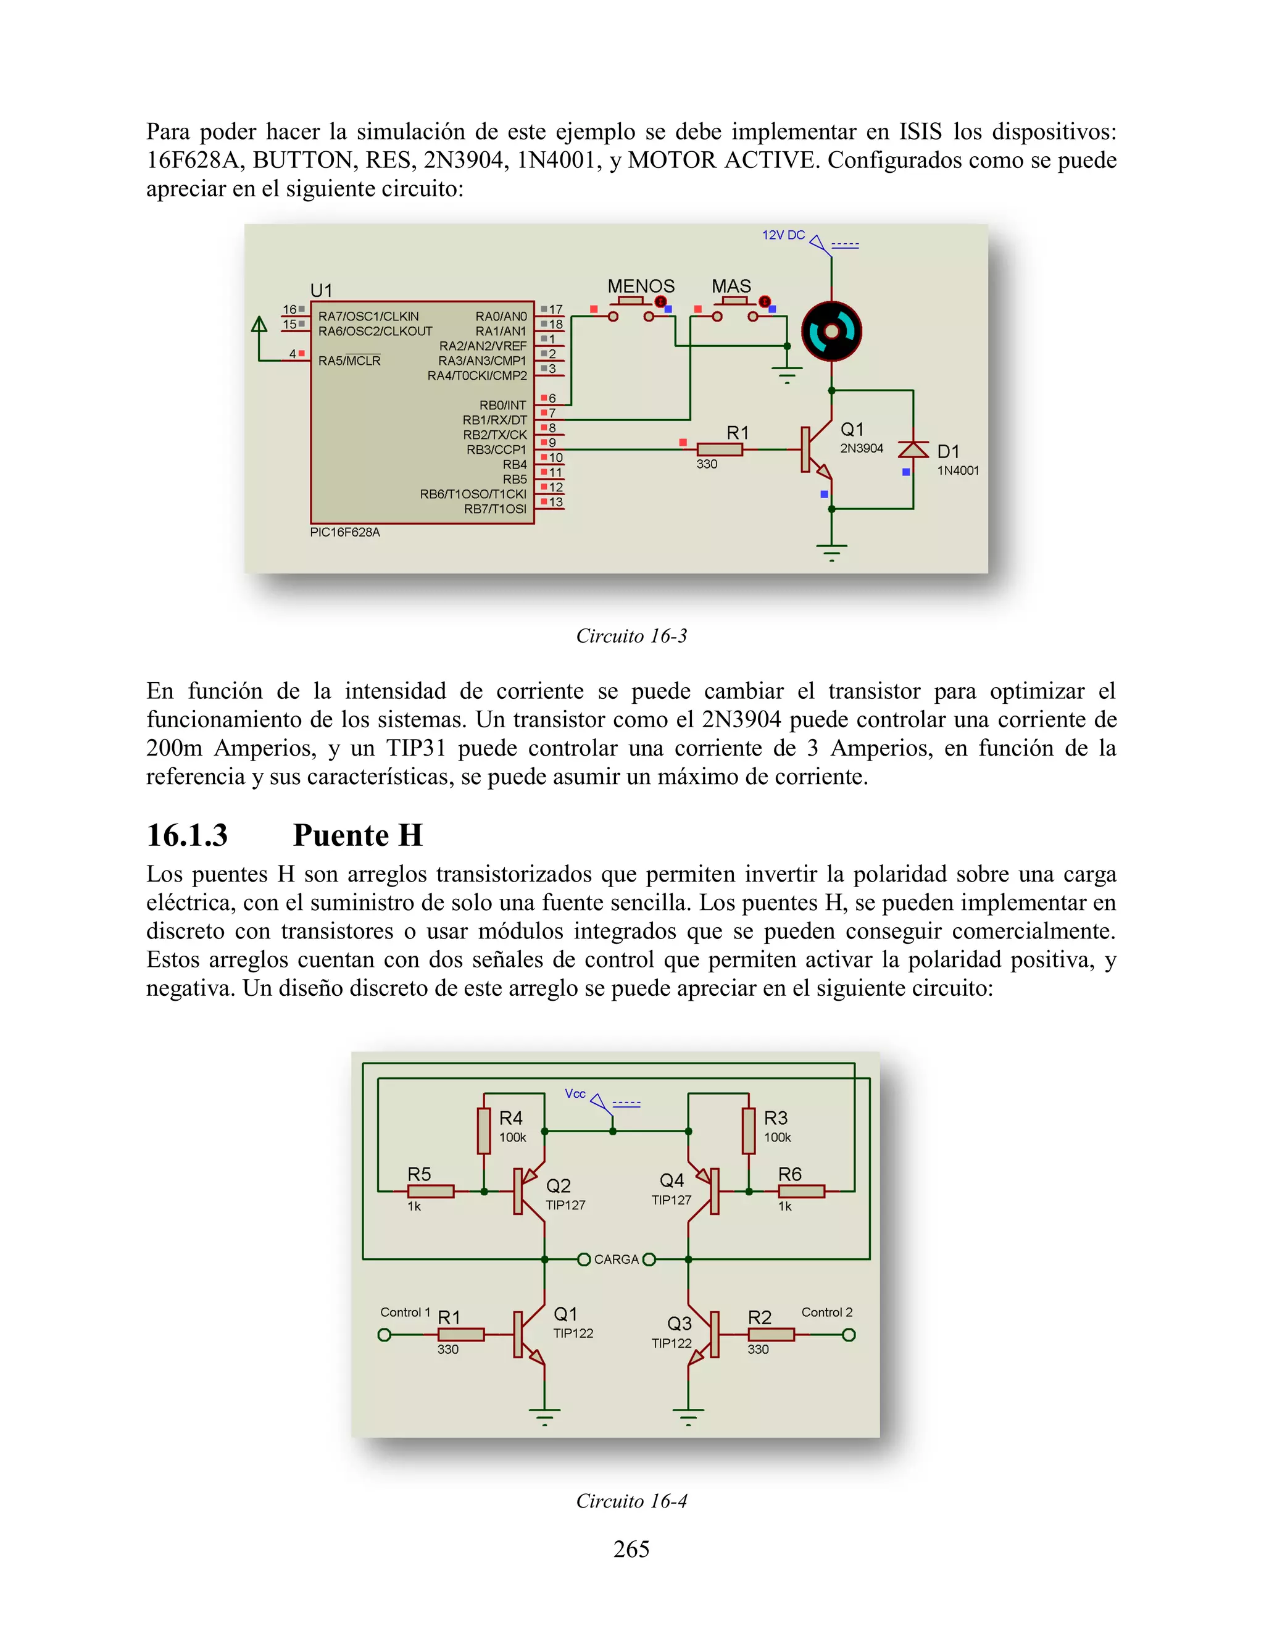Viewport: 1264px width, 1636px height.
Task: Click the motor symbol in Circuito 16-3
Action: (x=831, y=331)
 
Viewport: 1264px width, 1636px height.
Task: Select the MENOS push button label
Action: (x=641, y=286)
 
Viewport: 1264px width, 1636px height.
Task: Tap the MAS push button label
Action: (x=731, y=286)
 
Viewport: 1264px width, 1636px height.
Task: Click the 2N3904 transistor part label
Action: (x=861, y=448)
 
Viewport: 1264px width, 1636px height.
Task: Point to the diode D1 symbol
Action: (x=913, y=449)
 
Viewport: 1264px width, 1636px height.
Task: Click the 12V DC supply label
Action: (x=783, y=235)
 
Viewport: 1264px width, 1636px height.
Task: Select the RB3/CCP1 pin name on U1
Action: (x=496, y=449)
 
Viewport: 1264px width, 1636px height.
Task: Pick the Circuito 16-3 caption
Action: (x=631, y=636)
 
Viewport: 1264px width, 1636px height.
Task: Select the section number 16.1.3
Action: (x=187, y=835)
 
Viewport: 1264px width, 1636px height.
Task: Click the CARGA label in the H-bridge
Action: (x=617, y=1259)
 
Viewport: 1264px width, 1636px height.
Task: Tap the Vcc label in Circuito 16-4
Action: (x=575, y=1094)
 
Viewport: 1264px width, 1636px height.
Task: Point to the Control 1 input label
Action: (x=405, y=1312)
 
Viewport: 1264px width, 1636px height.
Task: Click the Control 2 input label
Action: (x=826, y=1312)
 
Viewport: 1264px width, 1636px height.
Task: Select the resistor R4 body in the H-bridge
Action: (x=484, y=1131)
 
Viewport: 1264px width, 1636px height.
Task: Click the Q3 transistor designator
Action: (x=679, y=1324)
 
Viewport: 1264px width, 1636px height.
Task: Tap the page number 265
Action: (x=631, y=1548)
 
